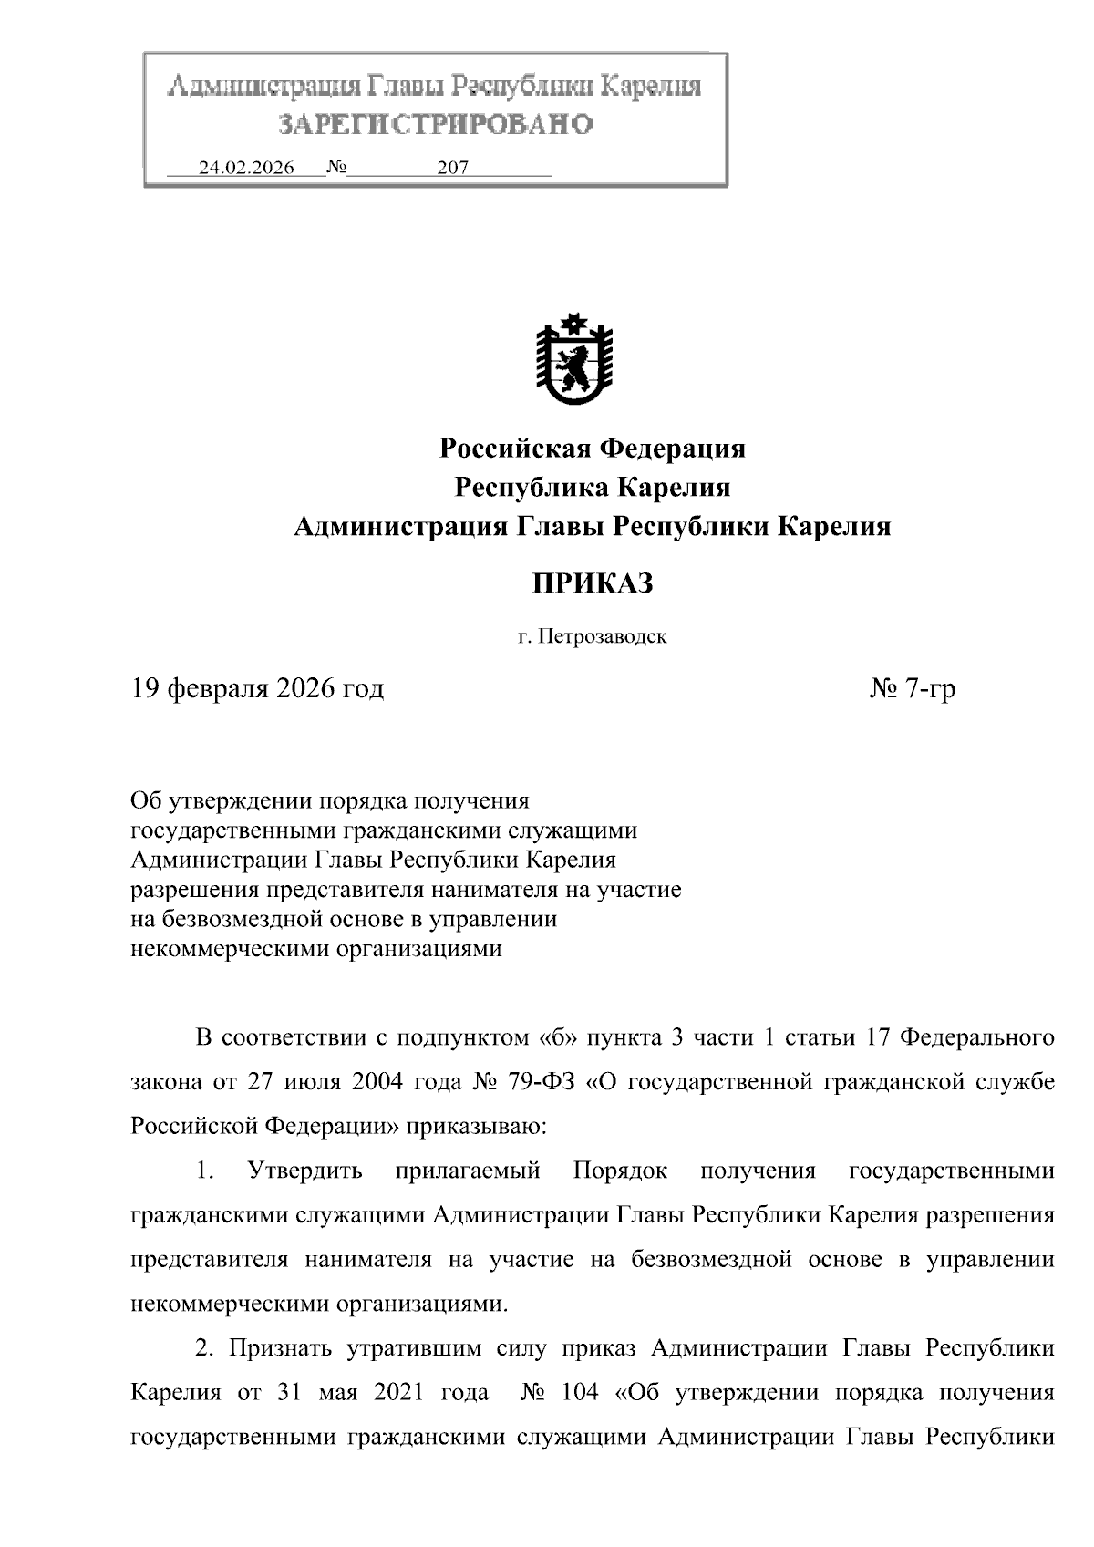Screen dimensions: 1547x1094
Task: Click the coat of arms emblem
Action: (x=573, y=360)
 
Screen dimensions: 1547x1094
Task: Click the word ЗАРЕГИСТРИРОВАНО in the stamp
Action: (x=435, y=124)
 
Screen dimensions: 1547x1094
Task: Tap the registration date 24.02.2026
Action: (x=246, y=169)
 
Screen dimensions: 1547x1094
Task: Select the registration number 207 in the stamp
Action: (x=452, y=169)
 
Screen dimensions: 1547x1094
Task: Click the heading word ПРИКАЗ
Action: (x=593, y=583)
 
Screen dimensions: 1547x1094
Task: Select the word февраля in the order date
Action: (x=221, y=688)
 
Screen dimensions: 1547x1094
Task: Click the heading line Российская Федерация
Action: (x=593, y=449)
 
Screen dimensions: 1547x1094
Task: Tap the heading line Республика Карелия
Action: (x=593, y=488)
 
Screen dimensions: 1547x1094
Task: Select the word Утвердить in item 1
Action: (x=305, y=1171)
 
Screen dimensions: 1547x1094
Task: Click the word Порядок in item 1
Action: (x=620, y=1171)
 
